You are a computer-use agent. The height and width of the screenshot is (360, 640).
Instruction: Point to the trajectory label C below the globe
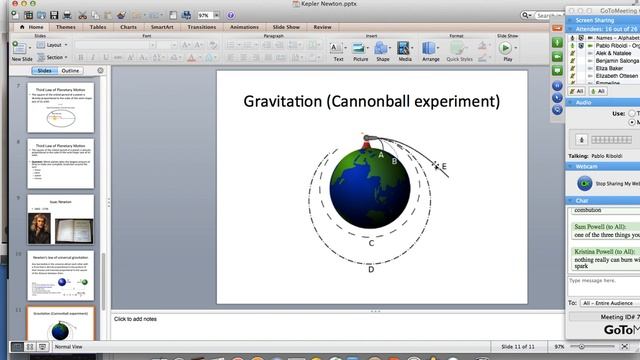(x=371, y=242)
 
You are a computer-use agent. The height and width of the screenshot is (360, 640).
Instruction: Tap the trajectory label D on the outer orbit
(x=371, y=268)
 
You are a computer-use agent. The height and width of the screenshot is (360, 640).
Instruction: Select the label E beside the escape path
(x=444, y=167)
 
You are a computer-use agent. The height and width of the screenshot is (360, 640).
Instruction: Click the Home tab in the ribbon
(x=36, y=28)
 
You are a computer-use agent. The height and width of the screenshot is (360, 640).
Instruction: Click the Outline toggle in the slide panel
(x=71, y=72)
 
